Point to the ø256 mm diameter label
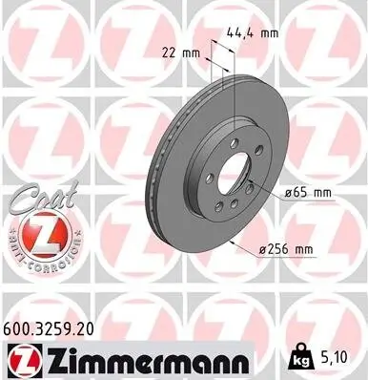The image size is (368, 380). click(289, 251)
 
